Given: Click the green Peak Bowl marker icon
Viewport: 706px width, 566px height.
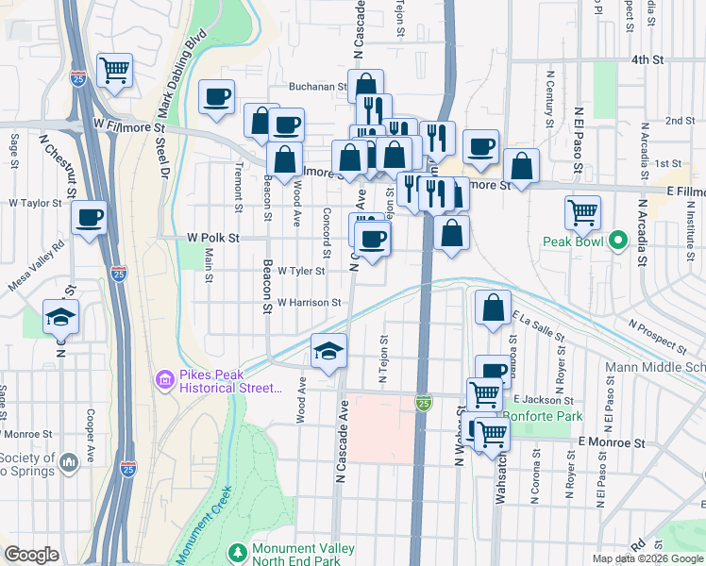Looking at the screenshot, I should point(618,241).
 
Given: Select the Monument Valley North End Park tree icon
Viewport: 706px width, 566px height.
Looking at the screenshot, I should point(237,550).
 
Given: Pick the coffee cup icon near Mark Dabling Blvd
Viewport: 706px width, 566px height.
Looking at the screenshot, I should point(217,96).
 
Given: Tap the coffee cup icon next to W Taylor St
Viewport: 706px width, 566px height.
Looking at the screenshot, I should point(91,218).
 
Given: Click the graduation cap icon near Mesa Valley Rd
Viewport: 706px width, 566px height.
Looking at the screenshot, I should point(61,317).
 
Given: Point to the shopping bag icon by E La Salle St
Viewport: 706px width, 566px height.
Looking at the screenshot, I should point(494,308).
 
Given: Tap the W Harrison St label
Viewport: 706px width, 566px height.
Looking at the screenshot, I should point(309,303).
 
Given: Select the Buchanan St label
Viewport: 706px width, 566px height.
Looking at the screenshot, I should point(316,86).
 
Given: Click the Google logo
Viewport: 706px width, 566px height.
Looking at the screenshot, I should point(31,554).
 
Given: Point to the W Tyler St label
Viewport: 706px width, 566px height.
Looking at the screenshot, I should point(301,271).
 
